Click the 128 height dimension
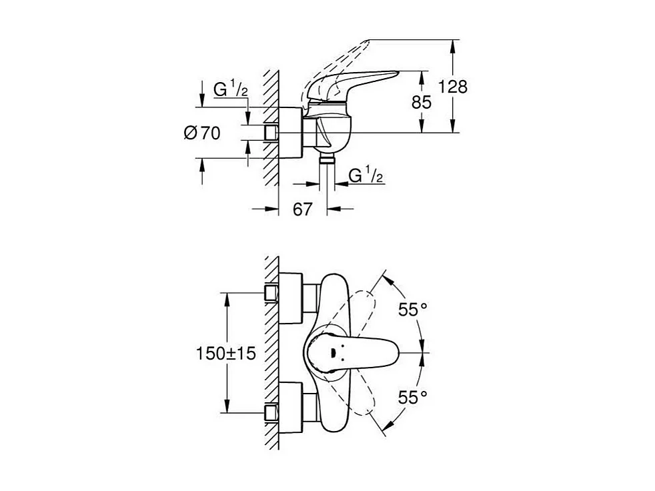452,87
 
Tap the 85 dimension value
421,102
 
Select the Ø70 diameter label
202,133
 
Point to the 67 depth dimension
302,209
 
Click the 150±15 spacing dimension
226,354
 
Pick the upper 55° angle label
413,310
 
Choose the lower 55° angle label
413,397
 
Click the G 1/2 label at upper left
231,89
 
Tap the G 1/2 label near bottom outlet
366,175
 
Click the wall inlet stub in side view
271,133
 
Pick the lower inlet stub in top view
271,413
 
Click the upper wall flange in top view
290,298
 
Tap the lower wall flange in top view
290,408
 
